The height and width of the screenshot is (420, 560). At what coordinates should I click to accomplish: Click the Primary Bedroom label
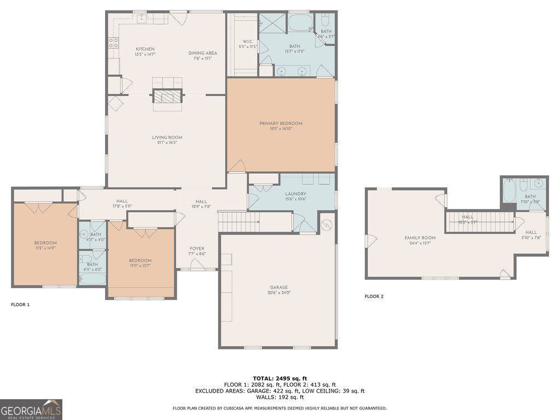281,124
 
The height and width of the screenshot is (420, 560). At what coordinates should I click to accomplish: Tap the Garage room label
278,287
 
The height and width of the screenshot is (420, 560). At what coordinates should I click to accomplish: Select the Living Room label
167,137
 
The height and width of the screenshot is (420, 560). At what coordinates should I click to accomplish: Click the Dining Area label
203,53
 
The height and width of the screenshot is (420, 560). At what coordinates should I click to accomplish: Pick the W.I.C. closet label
248,42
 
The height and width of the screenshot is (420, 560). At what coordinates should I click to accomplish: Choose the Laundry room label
295,194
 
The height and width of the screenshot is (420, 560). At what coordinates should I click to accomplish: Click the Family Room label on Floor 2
420,238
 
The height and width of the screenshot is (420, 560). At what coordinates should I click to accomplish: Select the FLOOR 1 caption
20,304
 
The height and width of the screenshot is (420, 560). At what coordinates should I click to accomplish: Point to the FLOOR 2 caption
374,296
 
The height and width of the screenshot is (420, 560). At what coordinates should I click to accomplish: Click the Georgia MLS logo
31,409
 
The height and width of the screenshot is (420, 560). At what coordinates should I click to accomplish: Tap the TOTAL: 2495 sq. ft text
279,378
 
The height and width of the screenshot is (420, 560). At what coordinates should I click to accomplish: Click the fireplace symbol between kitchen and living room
166,97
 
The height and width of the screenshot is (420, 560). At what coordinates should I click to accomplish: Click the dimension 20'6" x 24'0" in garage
278,293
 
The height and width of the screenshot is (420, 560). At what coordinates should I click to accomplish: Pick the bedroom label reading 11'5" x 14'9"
45,248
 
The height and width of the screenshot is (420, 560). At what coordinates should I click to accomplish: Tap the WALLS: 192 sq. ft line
279,397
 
